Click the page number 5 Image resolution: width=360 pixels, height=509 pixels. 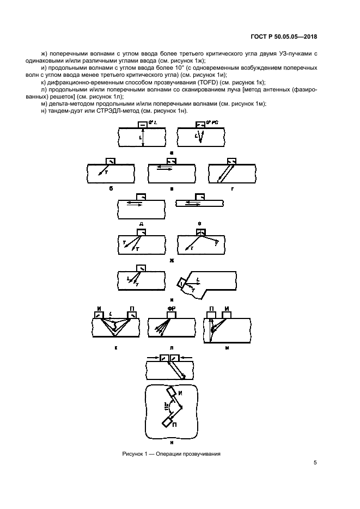[315, 463]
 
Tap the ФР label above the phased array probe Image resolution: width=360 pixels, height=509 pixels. [171, 308]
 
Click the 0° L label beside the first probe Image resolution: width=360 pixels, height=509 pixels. [152, 122]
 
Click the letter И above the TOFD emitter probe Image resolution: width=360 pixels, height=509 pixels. [99, 308]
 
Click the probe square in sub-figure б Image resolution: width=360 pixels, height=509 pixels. [110, 161]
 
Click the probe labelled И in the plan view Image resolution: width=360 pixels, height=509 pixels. [173, 392]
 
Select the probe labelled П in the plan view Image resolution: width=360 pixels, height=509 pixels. [167, 422]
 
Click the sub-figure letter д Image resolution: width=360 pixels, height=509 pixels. [141, 224]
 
